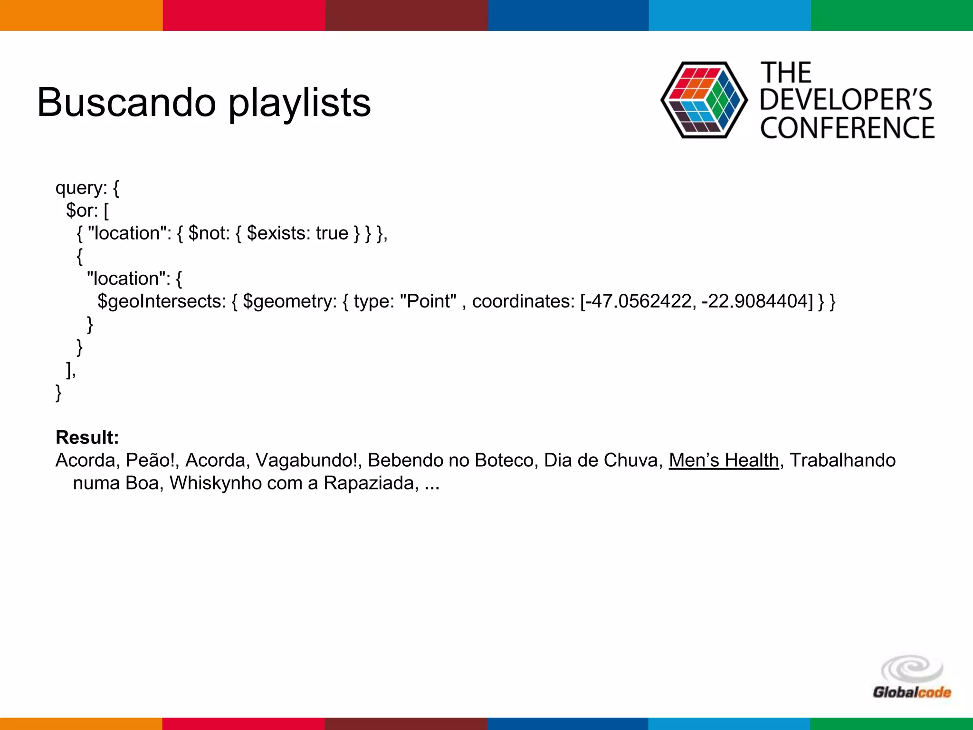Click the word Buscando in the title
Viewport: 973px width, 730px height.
(126, 103)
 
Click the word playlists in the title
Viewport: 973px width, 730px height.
(299, 103)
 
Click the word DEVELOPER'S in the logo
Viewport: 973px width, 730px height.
(846, 100)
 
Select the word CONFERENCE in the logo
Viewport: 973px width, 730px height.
(847, 128)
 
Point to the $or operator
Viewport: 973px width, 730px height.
(82, 210)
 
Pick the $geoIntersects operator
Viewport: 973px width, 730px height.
(162, 301)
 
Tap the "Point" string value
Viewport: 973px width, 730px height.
(428, 301)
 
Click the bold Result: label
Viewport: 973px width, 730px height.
(87, 437)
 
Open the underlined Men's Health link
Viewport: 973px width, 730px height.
(724, 460)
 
